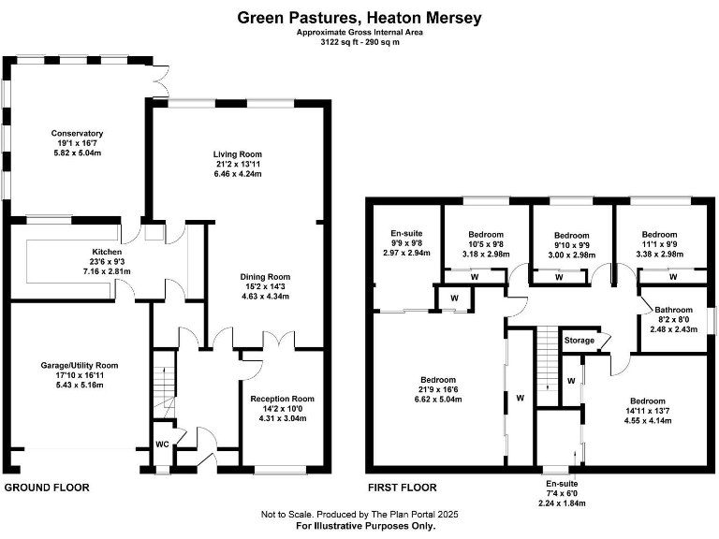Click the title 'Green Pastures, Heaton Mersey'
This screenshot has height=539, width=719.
coord(359,16)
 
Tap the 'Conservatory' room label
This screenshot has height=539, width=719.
coord(77,134)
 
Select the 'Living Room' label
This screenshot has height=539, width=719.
coord(238,154)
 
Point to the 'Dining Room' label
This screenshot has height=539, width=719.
coord(267,277)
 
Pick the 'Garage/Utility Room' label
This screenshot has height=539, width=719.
coord(79,365)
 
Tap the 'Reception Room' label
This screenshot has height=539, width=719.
coord(282,398)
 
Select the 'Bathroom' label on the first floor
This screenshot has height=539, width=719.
coord(673,310)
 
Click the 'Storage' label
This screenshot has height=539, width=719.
coord(579,341)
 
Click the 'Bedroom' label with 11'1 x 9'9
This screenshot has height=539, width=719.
coord(660,235)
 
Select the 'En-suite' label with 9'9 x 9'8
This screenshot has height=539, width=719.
coord(406,234)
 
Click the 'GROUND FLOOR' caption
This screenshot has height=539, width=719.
coord(46,488)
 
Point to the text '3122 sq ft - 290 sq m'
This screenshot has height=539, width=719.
coord(359,42)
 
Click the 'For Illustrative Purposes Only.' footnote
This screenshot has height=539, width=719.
coord(359,527)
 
